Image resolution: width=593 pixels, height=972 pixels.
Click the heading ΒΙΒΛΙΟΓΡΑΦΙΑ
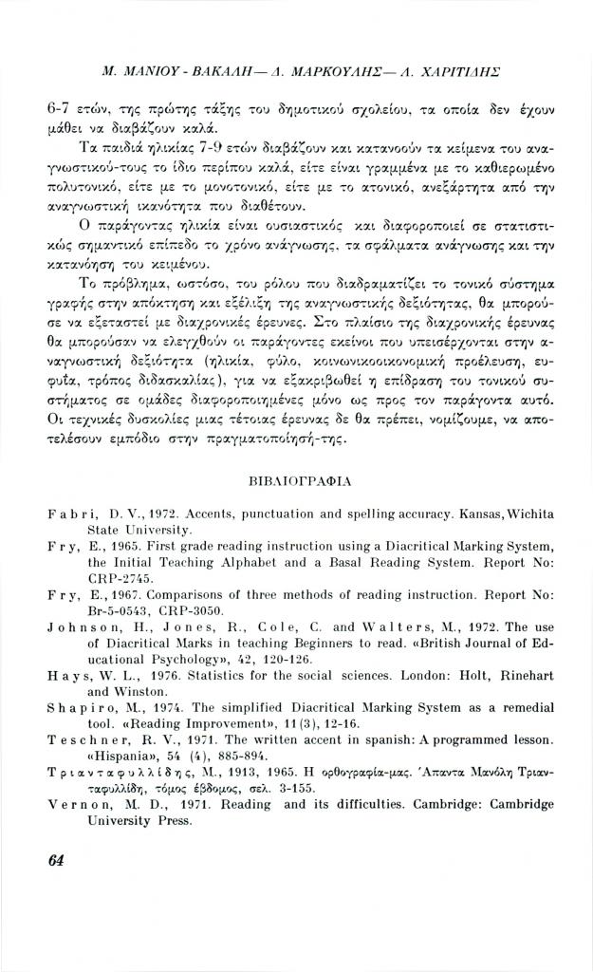click(297, 482)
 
